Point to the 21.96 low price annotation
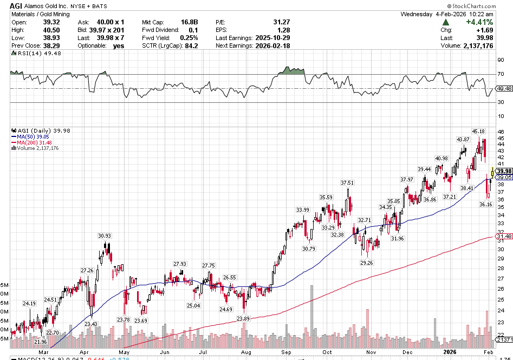[41, 342]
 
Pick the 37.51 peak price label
[347, 183]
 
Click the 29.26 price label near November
[367, 263]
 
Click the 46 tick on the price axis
[500, 132]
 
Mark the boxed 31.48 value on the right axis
[504, 236]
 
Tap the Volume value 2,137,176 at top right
[475, 46]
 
